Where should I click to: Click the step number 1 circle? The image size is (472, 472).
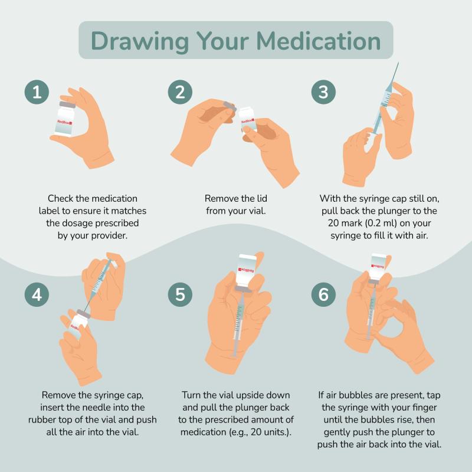(37, 92)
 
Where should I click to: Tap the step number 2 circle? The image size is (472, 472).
(180, 92)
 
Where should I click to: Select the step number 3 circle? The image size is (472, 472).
(323, 92)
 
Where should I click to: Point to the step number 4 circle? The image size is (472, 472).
(37, 294)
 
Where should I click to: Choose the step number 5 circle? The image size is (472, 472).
(180, 294)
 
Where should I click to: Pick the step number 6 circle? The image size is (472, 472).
(323, 294)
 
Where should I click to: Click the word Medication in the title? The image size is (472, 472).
(319, 41)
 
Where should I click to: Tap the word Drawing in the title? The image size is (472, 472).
(140, 42)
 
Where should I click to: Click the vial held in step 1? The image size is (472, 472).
(65, 119)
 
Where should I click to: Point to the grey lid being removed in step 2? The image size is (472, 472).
(230, 107)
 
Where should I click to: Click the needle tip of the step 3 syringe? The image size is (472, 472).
(398, 63)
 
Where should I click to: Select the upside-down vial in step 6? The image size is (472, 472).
(378, 268)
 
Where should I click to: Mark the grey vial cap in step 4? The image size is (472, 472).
(83, 313)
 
